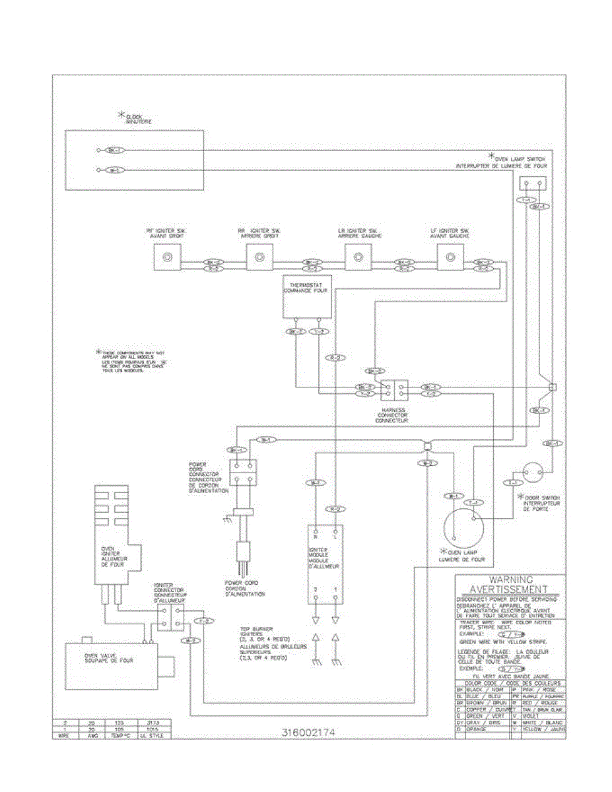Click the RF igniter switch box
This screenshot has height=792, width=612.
pyautogui.click(x=168, y=257)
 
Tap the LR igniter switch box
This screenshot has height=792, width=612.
pyautogui.click(x=358, y=257)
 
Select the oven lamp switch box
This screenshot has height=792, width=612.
pyautogui.click(x=533, y=184)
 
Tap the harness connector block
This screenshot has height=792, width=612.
pyautogui.click(x=394, y=390)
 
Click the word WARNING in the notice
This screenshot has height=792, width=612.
pyautogui.click(x=509, y=579)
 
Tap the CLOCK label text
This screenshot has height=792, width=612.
pyautogui.click(x=135, y=117)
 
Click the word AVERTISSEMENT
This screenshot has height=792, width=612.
pyautogui.click(x=509, y=589)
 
